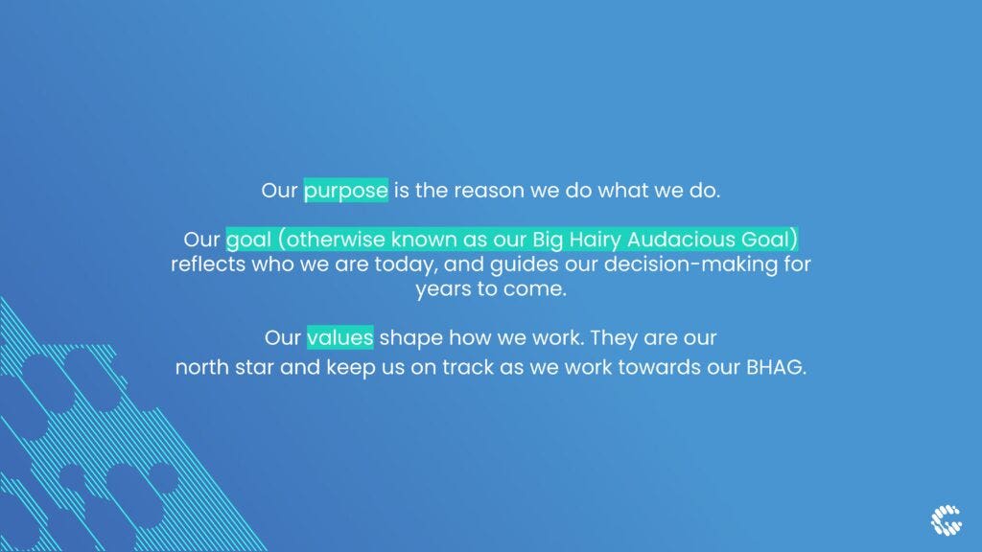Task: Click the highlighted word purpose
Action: [x=345, y=191]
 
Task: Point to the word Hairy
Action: [x=595, y=240]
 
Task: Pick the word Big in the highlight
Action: [x=548, y=241]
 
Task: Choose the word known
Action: [x=424, y=239]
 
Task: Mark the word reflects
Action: [x=208, y=264]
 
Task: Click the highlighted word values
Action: [x=340, y=337]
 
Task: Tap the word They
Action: [x=614, y=338]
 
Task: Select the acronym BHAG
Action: [x=776, y=367]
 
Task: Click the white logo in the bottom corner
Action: [x=946, y=520]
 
